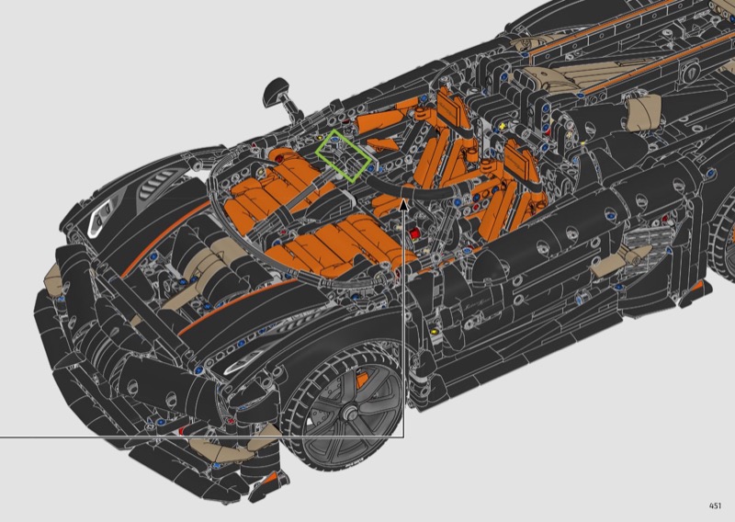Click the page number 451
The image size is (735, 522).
[715, 505]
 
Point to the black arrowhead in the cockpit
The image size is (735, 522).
[403, 204]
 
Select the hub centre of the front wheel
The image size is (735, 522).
[348, 414]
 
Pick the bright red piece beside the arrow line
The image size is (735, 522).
[414, 233]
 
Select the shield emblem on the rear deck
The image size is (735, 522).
[689, 72]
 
